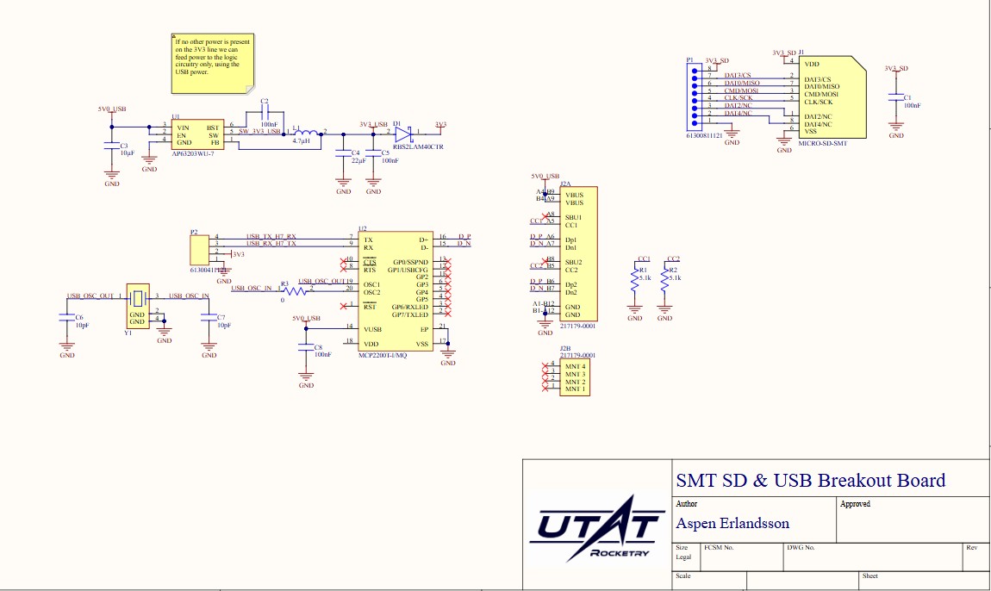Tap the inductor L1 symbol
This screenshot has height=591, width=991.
tap(302, 133)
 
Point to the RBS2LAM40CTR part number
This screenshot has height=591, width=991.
tap(417, 147)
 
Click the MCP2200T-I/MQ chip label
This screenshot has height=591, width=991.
tap(383, 355)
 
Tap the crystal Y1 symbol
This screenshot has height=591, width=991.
tap(138, 298)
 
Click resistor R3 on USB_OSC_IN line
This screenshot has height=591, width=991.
tap(296, 291)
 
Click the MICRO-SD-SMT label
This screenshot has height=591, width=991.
tap(822, 143)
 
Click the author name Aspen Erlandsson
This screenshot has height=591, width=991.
tap(732, 524)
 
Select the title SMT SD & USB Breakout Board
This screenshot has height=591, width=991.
tap(810, 481)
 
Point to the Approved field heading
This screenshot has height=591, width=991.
tap(855, 504)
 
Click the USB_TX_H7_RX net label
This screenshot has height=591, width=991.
tap(271, 236)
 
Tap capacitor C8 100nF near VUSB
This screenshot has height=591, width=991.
tap(305, 350)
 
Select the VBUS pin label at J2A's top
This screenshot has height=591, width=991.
tap(574, 195)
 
